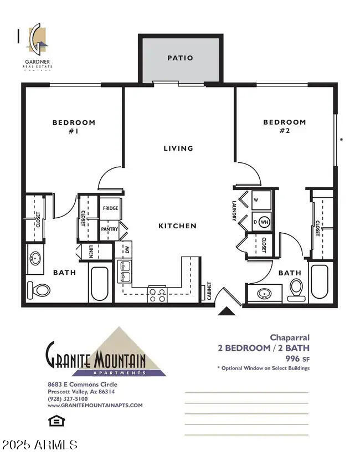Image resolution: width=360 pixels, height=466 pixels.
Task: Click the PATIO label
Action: [x=181, y=58]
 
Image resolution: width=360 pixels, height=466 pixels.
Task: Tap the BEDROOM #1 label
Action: [x=74, y=127]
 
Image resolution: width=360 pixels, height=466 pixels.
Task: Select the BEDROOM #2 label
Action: [x=284, y=126]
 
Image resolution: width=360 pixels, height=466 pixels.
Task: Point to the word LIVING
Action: [x=178, y=148]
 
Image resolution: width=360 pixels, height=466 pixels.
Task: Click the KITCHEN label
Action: [x=177, y=226]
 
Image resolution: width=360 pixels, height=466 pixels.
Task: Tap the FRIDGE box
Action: [x=110, y=208]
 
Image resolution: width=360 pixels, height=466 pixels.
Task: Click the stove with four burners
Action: [x=157, y=295]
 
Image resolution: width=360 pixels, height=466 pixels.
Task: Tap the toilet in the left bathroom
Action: [x=39, y=290]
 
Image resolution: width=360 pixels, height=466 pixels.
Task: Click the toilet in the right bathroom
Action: [x=296, y=289]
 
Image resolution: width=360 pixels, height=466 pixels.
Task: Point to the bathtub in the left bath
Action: [x=100, y=284]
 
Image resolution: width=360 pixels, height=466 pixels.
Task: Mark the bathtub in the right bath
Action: [x=320, y=281]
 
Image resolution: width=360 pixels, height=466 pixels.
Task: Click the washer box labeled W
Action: [x=260, y=200]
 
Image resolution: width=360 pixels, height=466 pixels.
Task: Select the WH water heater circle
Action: [x=264, y=221]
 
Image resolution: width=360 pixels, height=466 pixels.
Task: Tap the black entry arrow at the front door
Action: [x=227, y=311]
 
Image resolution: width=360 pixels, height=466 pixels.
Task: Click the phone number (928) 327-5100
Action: [x=67, y=398]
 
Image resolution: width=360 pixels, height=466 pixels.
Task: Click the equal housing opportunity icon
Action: [x=56, y=421]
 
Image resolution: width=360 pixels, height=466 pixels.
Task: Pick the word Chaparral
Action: [x=290, y=337]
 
